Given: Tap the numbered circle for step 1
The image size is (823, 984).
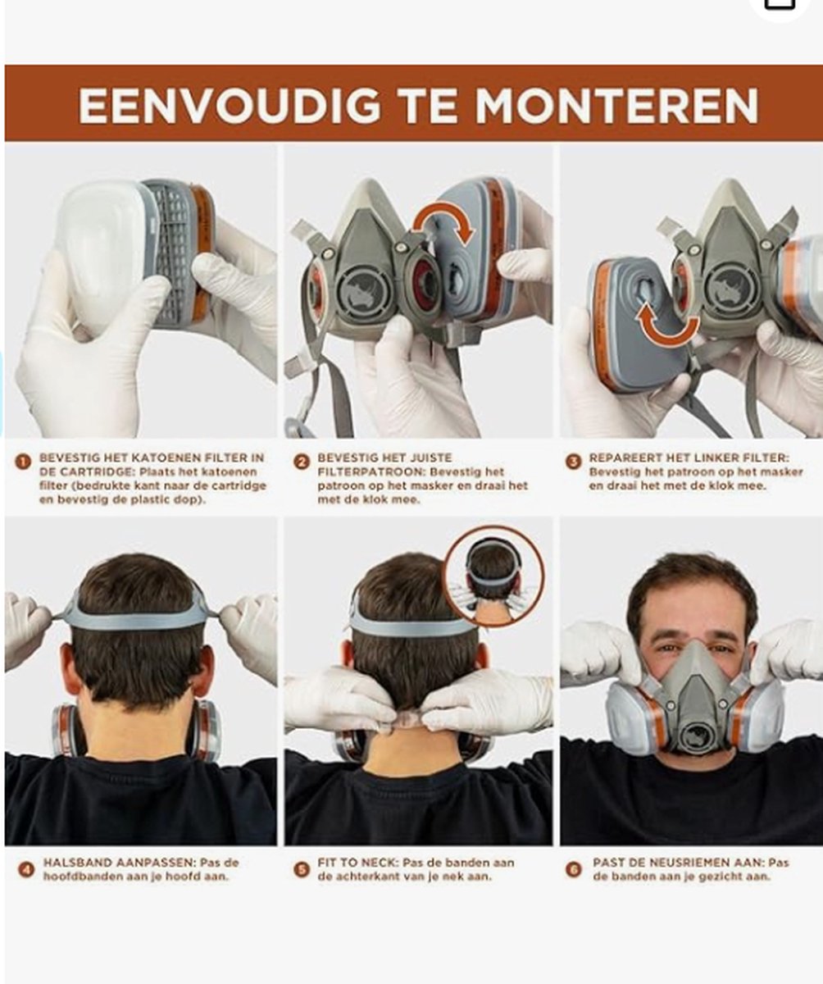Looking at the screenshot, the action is pos(23,462).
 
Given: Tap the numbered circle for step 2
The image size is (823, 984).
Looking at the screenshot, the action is pos(302,462).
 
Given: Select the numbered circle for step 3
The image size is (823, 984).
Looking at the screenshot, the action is pos(573,462).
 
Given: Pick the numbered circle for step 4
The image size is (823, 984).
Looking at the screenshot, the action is pos(26,869).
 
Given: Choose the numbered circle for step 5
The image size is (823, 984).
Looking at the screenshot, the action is pos(302,869).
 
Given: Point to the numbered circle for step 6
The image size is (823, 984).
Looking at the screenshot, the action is pos(573,869).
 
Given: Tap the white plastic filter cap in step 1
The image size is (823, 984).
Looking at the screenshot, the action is pos(103,250).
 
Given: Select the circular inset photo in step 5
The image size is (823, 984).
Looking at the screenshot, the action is pos(494,575).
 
